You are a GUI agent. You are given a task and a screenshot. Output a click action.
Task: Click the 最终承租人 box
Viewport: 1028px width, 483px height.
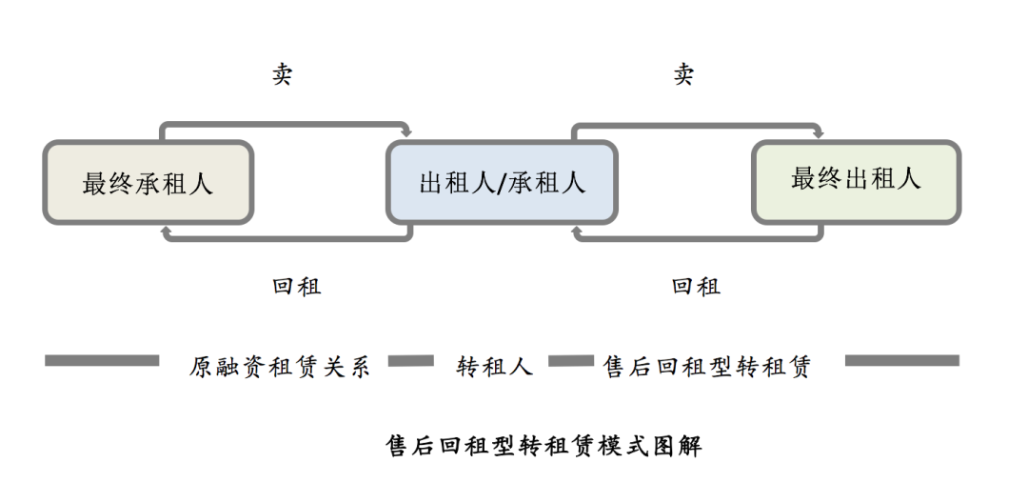point(148,182)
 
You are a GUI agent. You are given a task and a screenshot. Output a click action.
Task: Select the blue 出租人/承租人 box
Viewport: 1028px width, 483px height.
point(502,182)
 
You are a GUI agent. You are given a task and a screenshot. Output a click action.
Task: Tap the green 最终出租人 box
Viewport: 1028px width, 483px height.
point(856,181)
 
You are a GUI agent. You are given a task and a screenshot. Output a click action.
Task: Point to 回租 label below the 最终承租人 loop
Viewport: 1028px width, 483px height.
point(296,286)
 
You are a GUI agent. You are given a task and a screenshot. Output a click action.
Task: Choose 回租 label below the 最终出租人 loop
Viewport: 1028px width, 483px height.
point(696,286)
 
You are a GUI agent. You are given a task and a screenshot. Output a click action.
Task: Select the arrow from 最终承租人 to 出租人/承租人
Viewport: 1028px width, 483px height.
point(286,124)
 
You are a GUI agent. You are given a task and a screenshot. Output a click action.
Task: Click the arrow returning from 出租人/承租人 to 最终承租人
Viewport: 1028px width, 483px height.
point(286,239)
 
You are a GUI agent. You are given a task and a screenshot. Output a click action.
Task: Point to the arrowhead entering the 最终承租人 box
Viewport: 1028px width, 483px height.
point(166,230)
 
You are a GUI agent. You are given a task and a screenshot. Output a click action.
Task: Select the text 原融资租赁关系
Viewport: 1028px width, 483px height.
point(279,367)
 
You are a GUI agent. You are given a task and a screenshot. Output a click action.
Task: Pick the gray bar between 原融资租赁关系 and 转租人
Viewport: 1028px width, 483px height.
point(411,361)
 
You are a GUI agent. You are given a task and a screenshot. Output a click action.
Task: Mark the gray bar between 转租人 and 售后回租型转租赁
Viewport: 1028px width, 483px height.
point(568,361)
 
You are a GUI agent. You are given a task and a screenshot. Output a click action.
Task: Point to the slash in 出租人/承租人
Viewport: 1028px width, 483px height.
point(502,183)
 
